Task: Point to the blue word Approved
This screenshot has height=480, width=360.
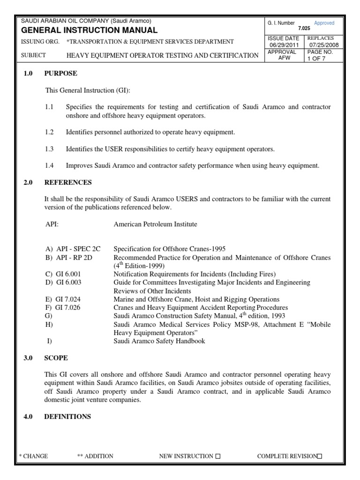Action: click(324, 23)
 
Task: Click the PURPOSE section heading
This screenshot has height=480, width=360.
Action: click(60, 74)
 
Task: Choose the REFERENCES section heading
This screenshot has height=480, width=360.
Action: click(68, 182)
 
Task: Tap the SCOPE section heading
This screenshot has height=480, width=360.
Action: click(56, 358)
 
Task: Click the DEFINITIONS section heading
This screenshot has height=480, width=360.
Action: click(67, 416)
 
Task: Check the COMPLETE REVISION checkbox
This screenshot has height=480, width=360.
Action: click(320, 457)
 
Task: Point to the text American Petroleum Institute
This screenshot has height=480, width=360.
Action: click(155, 224)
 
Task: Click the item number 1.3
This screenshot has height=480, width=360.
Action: click(50, 149)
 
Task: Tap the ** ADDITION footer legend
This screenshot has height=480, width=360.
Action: click(95, 456)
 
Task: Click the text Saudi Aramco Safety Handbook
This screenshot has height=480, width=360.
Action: click(159, 341)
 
